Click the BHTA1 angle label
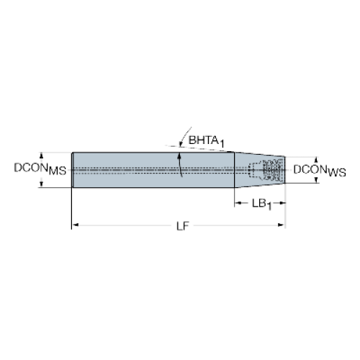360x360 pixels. pyautogui.click(x=207, y=141)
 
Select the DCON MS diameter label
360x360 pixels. pyautogui.click(x=40, y=168)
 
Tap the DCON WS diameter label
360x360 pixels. pyautogui.click(x=320, y=171)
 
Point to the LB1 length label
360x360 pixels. pyautogui.click(x=261, y=204)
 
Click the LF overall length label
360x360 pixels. pyautogui.click(x=183, y=226)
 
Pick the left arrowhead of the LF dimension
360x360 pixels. pyautogui.click(x=76, y=225)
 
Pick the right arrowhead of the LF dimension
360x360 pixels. pyautogui.click(x=281, y=225)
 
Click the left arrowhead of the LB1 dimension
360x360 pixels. pyautogui.click(x=238, y=203)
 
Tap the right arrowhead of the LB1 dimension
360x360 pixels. pyautogui.click(x=282, y=203)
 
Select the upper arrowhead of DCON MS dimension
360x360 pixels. pyautogui.click(x=42, y=156)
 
